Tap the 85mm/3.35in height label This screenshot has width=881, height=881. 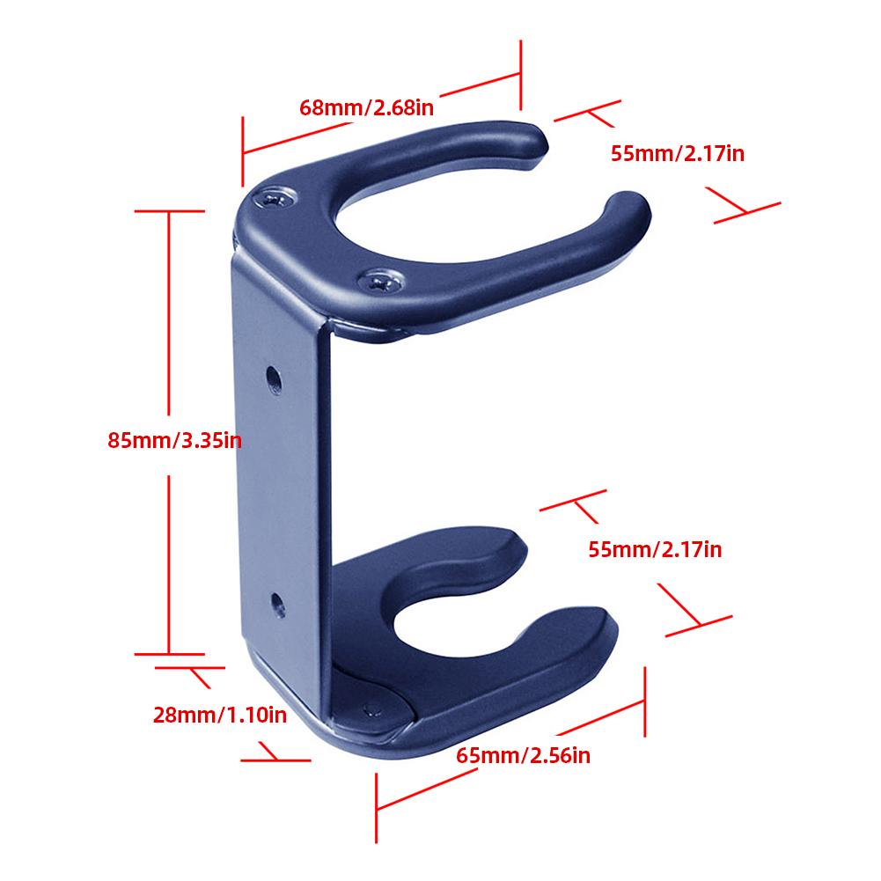[x=173, y=440]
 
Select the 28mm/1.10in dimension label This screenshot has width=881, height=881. [x=219, y=715]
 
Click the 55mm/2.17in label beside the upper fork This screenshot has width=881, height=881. [x=678, y=153]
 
